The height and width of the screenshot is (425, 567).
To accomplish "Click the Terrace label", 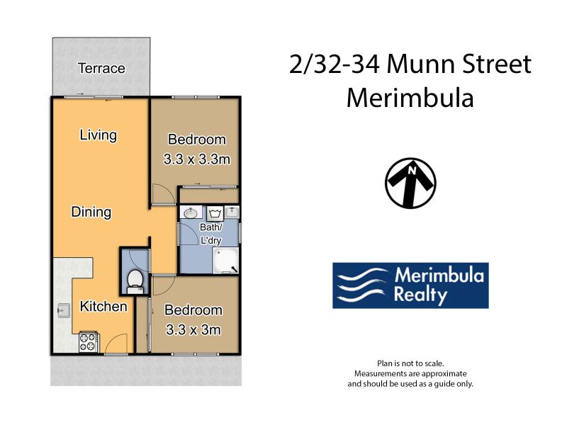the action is point(101,68).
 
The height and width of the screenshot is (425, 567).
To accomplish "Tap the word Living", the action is point(99,135).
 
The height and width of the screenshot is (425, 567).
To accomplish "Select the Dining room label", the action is point(91,212).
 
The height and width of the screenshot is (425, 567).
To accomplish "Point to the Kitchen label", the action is point(103,307).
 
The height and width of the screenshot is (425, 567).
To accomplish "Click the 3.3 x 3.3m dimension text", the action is point(197,159).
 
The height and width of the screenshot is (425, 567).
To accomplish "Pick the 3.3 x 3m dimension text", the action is point(193,329).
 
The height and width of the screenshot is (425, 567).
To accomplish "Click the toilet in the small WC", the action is point(135,282).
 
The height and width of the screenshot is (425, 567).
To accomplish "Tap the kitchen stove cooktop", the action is point(89,342).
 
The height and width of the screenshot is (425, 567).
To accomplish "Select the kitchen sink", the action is point(64,310).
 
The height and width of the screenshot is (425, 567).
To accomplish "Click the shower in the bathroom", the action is point(226,260).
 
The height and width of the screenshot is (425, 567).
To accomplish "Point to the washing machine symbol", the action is point(215,213).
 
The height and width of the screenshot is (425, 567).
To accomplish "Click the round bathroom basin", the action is point(191,213).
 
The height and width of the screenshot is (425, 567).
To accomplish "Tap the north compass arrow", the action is point(410,183).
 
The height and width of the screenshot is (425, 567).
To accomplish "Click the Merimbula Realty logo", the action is point(410,285).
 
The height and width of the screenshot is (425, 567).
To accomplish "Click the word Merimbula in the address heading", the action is point(410,98).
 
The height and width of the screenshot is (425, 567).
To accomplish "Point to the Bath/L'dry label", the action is point(210,234).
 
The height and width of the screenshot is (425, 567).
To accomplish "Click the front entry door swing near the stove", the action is point(116,344).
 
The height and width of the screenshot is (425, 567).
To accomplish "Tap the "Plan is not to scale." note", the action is point(410,363).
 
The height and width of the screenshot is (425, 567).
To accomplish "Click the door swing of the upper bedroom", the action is point(163,194).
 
